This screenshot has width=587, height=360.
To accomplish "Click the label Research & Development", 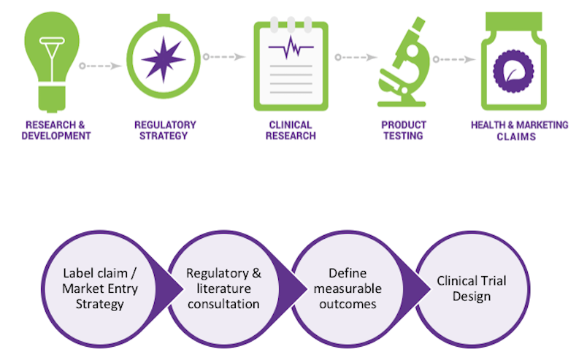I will pos(57,130).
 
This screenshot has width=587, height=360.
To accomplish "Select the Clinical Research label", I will pos(291,130).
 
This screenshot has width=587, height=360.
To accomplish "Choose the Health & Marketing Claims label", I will pos(520,131).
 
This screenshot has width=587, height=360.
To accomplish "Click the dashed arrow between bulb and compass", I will pos(102,66).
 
